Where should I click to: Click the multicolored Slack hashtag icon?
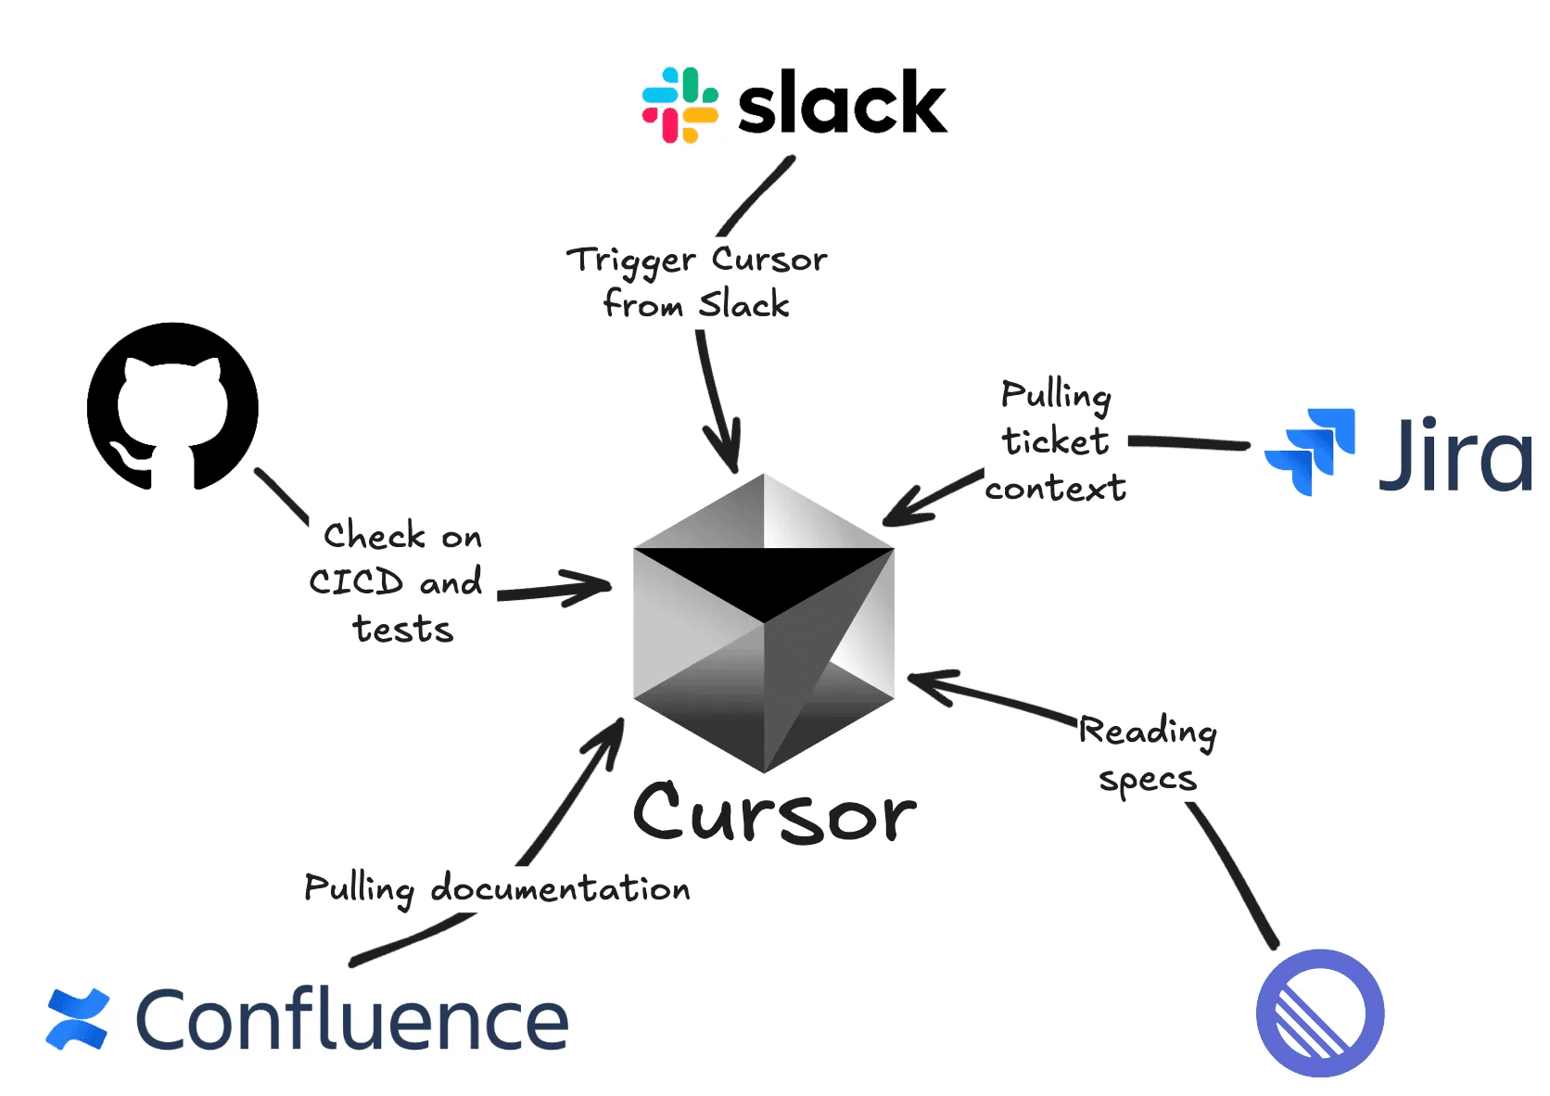tap(680, 105)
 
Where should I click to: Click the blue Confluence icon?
tap(78, 1020)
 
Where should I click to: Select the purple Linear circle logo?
tap(1319, 1013)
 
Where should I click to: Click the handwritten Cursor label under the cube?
tap(775, 812)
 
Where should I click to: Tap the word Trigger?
tap(630, 261)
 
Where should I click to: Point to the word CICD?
tap(356, 582)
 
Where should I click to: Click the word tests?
tap(403, 630)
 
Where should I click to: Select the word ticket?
tap(1055, 441)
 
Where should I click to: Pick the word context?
tap(1055, 488)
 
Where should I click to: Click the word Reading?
tap(1148, 733)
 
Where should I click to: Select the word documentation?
tap(560, 888)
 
